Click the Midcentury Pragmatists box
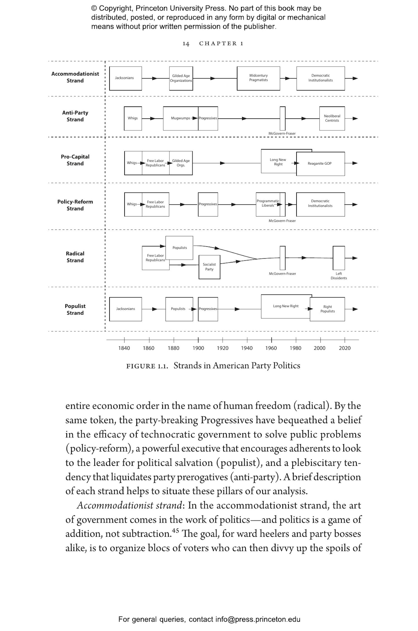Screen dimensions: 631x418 pos(258,78)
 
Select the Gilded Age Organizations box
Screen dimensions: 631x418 pos(181,78)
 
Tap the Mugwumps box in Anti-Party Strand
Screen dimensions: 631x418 pos(180,118)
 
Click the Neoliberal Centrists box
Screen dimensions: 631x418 pos(332,118)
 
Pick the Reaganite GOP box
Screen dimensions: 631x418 pos(320,164)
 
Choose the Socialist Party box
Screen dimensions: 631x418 pos(209,267)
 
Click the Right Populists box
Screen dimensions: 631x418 pos(327,309)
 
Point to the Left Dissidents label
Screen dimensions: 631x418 pos(339,276)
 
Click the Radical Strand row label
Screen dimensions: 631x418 pos(75,257)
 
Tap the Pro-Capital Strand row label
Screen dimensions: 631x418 pos(75,160)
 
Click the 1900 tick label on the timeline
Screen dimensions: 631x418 pos(198,348)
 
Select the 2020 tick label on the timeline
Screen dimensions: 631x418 pos(344,348)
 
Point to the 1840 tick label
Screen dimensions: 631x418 pos(124,348)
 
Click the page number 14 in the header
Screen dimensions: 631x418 pos(186,44)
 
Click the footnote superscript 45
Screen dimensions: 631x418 pos(175,530)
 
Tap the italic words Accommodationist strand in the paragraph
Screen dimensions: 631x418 pos(129,505)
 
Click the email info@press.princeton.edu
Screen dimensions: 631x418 pos(257,619)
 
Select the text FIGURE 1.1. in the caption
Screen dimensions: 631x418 pos(147,366)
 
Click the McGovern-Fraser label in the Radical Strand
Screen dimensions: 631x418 pos(282,274)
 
